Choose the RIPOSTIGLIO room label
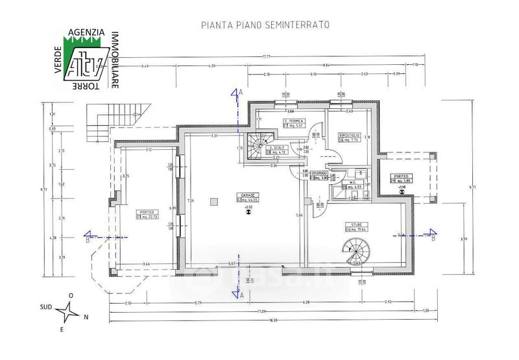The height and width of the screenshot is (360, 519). [350, 136]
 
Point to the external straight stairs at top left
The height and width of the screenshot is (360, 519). [108, 123]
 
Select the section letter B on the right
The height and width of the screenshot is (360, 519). [432, 238]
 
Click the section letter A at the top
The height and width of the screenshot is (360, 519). [241, 93]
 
